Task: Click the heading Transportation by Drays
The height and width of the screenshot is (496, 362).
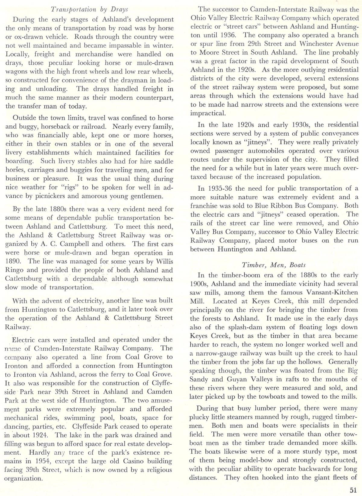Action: click(x=89, y=9)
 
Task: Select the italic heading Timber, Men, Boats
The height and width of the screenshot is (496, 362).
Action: click(x=274, y=265)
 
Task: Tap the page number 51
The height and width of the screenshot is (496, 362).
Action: click(x=353, y=489)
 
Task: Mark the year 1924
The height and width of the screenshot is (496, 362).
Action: click(x=42, y=435)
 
